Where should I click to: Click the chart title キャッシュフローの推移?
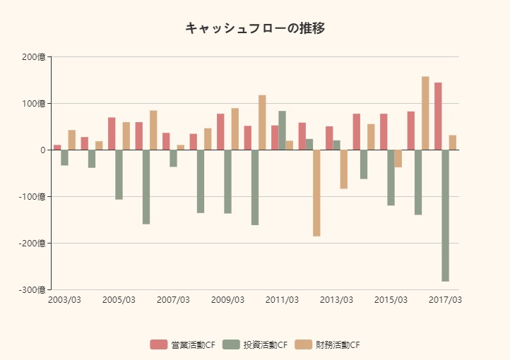[255, 28]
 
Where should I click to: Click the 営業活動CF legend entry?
[182, 345]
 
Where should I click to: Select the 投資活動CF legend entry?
[255, 345]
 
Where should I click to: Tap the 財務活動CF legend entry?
[328, 345]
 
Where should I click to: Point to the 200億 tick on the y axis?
[33, 57]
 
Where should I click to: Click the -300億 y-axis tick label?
[32, 289]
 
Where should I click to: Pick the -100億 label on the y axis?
[32, 196]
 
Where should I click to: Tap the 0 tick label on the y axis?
[42, 150]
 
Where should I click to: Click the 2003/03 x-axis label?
[64, 300]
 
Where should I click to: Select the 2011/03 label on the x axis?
[282, 300]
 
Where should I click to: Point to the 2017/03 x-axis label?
[445, 300]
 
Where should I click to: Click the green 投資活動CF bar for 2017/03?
[446, 215]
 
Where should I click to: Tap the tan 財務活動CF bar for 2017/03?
[453, 143]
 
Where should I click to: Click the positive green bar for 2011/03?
[282, 131]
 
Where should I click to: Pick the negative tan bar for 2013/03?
[344, 169]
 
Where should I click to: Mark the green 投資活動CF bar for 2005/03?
[119, 174]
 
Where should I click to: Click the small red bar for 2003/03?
[57, 148]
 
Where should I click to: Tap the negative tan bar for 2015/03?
[398, 159]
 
